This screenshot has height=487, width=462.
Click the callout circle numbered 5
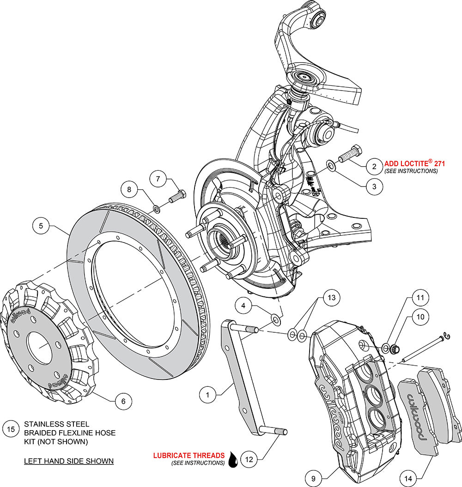(x=41, y=226)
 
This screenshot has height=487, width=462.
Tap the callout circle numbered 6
(x=123, y=401)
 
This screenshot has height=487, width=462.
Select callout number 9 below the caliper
(x=313, y=479)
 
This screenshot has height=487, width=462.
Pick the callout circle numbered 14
(x=408, y=479)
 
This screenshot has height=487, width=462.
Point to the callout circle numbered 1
(x=208, y=394)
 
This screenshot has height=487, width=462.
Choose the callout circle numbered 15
(x=12, y=429)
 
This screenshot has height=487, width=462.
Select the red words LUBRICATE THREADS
(x=189, y=455)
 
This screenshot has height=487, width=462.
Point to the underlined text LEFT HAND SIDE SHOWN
(x=69, y=461)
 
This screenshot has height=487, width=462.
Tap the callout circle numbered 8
(x=129, y=189)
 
